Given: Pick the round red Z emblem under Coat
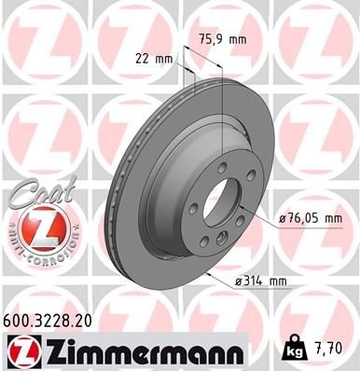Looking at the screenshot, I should pyautogui.click(x=37, y=227).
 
